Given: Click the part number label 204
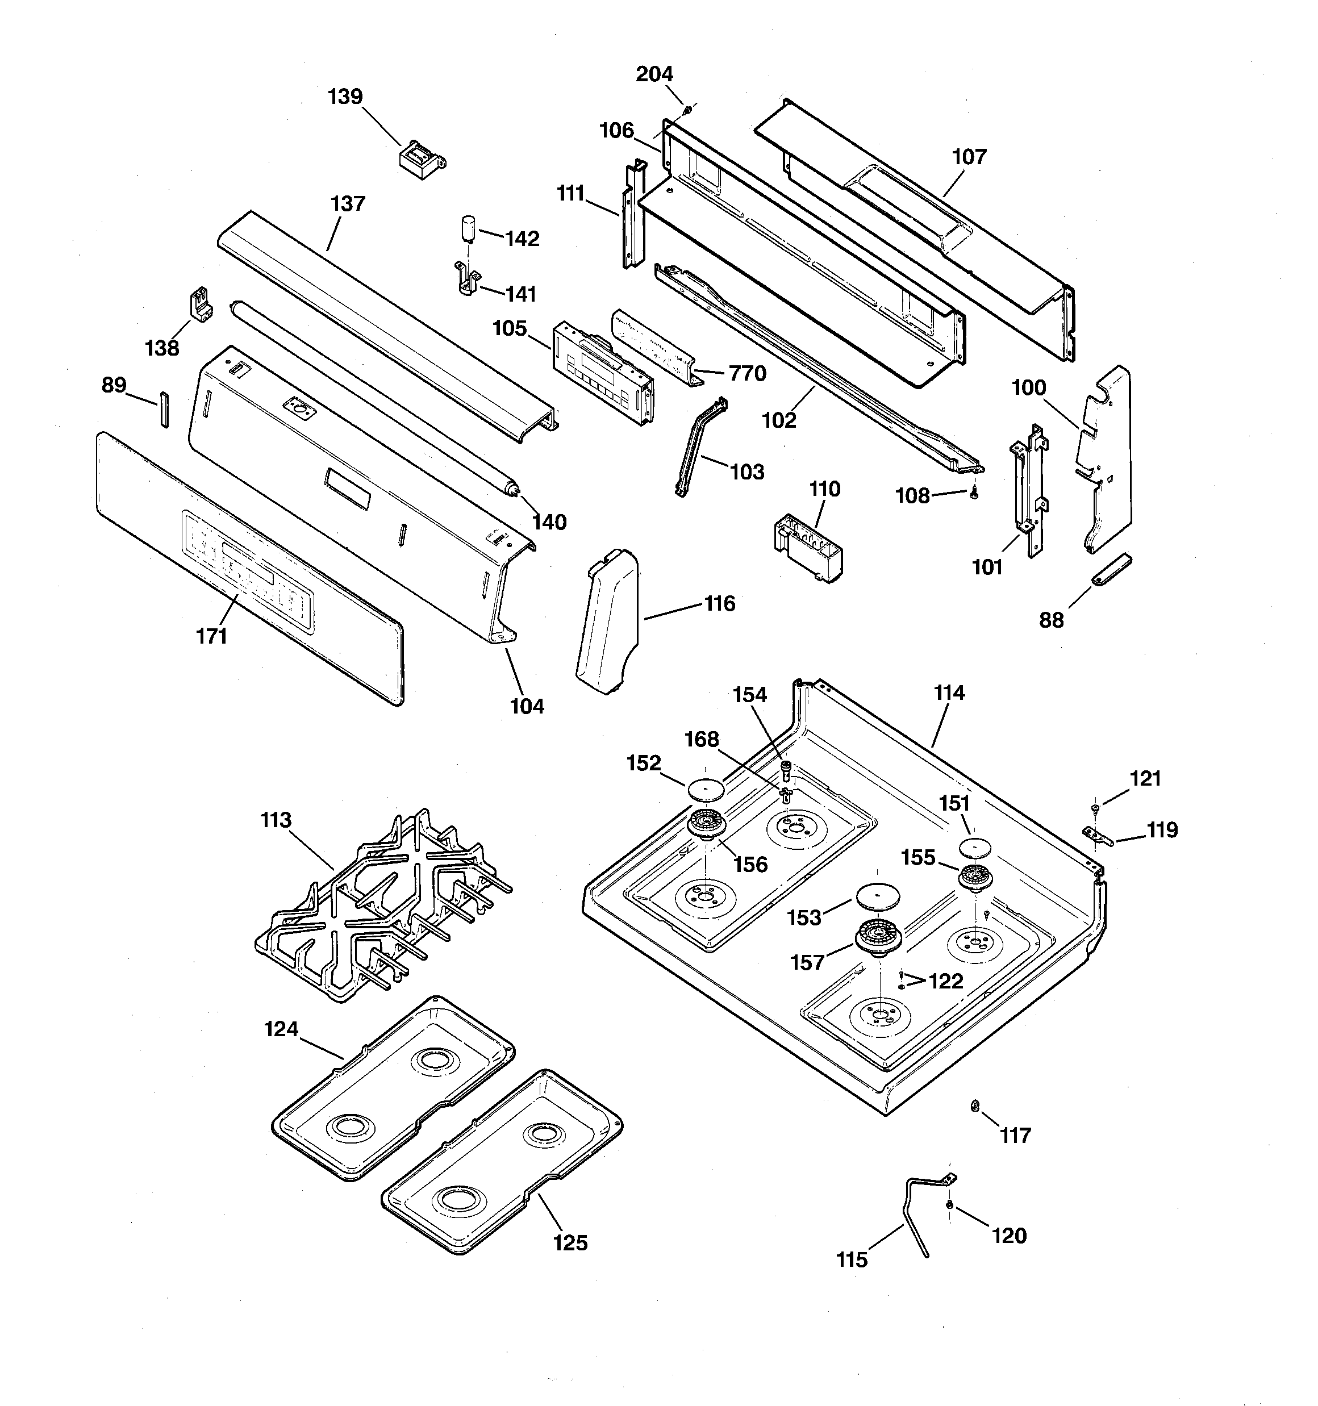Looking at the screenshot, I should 654,73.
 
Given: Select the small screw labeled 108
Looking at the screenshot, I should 974,494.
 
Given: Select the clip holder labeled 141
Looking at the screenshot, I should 465,277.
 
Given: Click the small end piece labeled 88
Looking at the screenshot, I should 1112,570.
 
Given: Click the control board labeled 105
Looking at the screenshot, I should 603,374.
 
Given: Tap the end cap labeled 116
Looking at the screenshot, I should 607,623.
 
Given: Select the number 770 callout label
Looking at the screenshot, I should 747,373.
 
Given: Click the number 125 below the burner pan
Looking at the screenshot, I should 570,1242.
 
